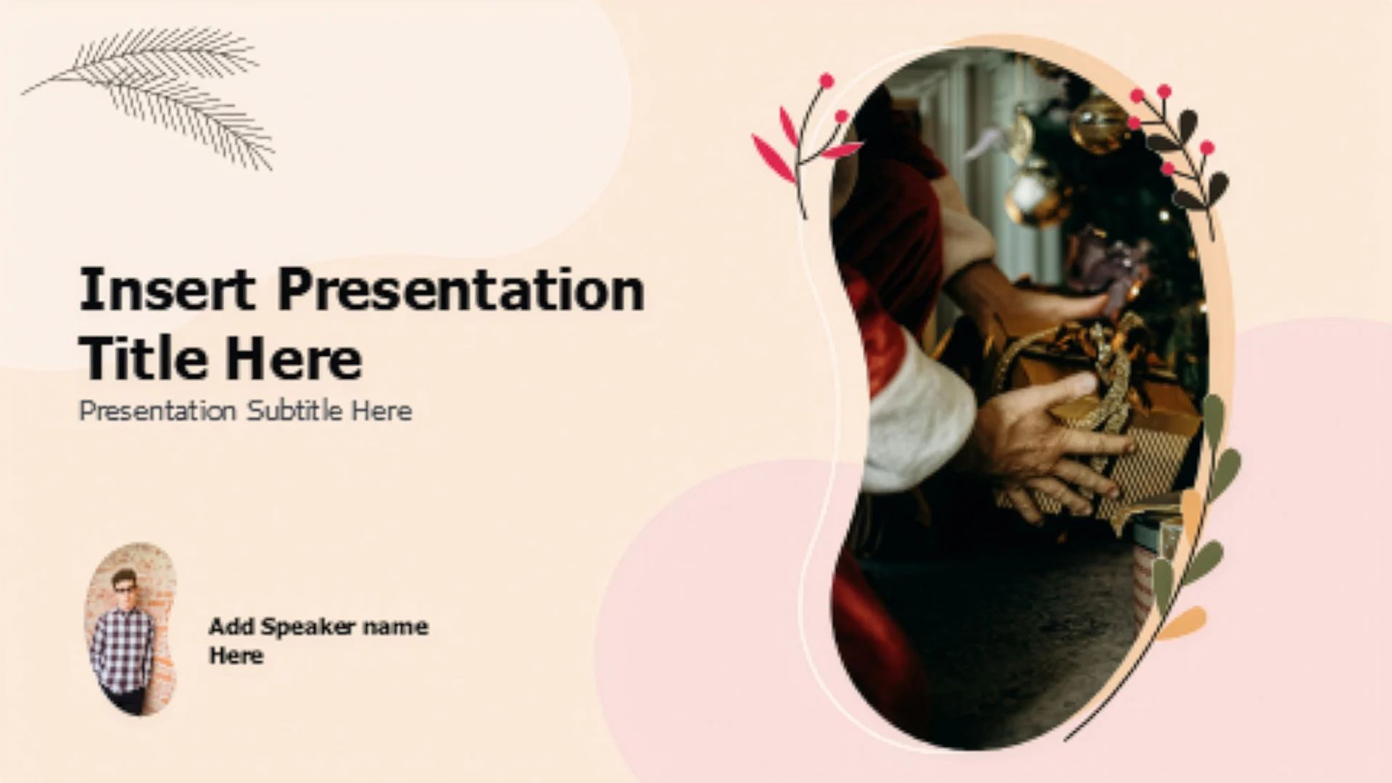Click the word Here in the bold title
293,358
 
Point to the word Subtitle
294,410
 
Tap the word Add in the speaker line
231,626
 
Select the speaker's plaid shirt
123,649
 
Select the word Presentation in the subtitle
157,410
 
